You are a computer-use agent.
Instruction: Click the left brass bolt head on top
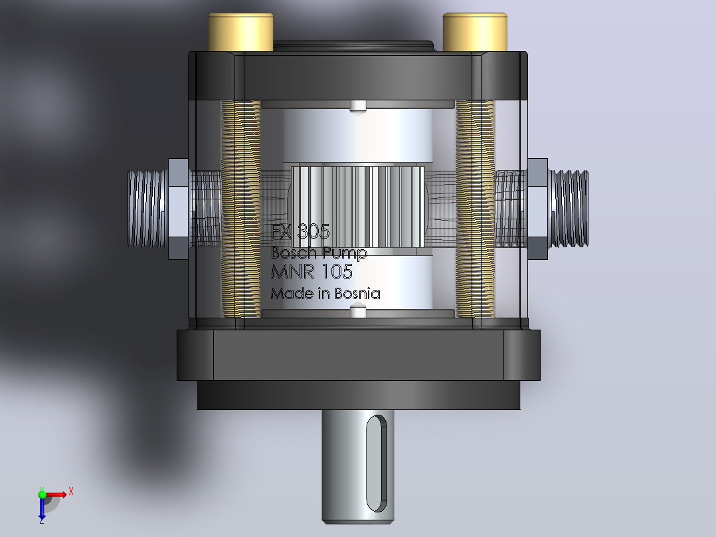click(x=240, y=32)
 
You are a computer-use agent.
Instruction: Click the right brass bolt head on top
click(x=475, y=32)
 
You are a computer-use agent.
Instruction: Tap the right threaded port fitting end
click(x=569, y=209)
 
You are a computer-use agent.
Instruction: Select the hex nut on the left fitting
click(x=179, y=209)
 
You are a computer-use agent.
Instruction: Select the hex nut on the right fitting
click(x=538, y=209)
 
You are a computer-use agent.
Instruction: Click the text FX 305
click(x=300, y=232)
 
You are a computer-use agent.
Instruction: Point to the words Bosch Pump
click(x=319, y=253)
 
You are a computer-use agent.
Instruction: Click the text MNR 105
click(x=312, y=272)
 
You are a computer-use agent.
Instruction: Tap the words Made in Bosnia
click(x=325, y=293)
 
